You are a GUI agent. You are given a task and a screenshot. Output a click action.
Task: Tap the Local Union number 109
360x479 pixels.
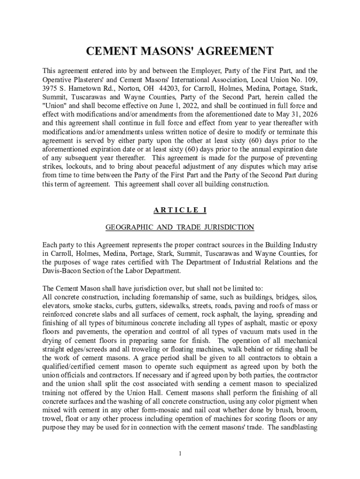[311, 80]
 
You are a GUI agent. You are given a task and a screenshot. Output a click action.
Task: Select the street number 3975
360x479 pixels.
[50, 88]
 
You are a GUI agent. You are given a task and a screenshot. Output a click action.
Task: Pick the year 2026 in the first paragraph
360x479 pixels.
[310, 115]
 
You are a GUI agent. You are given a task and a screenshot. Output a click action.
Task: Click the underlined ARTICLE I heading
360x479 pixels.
[180, 210]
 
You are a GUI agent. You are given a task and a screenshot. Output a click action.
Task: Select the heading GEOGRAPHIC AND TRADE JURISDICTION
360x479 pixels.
[180, 227]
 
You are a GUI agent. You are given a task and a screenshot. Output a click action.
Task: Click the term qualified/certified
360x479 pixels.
[73, 367]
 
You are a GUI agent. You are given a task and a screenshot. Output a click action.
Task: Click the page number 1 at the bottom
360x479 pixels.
[180, 453]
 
